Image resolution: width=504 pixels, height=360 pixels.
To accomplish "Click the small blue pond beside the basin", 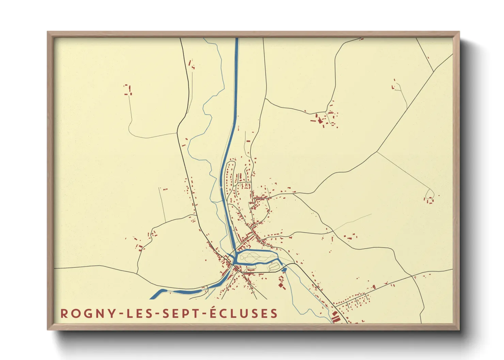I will [x=284, y=270].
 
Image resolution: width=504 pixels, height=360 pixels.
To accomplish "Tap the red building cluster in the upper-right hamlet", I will [x=322, y=120].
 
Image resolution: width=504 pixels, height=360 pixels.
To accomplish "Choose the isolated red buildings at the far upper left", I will [x=128, y=90].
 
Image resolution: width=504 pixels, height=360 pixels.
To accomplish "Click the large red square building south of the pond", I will [x=281, y=285].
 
